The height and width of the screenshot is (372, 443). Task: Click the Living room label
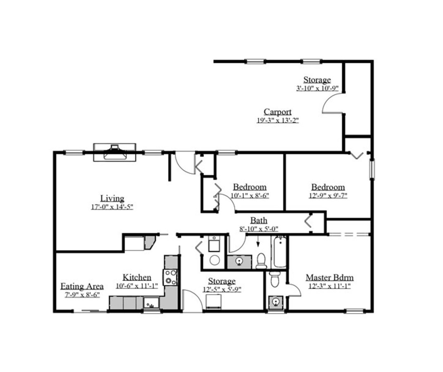click(112, 198)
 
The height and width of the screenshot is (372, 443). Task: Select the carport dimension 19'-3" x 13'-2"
click(277, 121)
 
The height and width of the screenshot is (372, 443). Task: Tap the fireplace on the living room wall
click(114, 152)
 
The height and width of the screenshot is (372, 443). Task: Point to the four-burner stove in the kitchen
click(171, 277)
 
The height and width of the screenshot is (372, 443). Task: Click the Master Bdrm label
click(329, 277)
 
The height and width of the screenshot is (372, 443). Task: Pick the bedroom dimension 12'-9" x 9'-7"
click(328, 196)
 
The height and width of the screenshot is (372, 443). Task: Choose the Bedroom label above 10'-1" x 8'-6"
click(249, 187)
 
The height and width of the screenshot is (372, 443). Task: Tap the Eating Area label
click(82, 286)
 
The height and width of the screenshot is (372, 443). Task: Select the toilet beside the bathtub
click(261, 260)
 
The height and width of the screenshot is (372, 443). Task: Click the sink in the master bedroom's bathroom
click(275, 302)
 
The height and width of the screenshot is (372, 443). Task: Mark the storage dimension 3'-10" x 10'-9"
click(317, 88)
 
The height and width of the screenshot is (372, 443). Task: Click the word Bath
click(258, 221)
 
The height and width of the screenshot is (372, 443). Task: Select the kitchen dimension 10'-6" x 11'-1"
click(137, 286)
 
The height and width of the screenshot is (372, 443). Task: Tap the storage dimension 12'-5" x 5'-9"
click(221, 290)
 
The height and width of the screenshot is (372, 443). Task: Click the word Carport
click(277, 112)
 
